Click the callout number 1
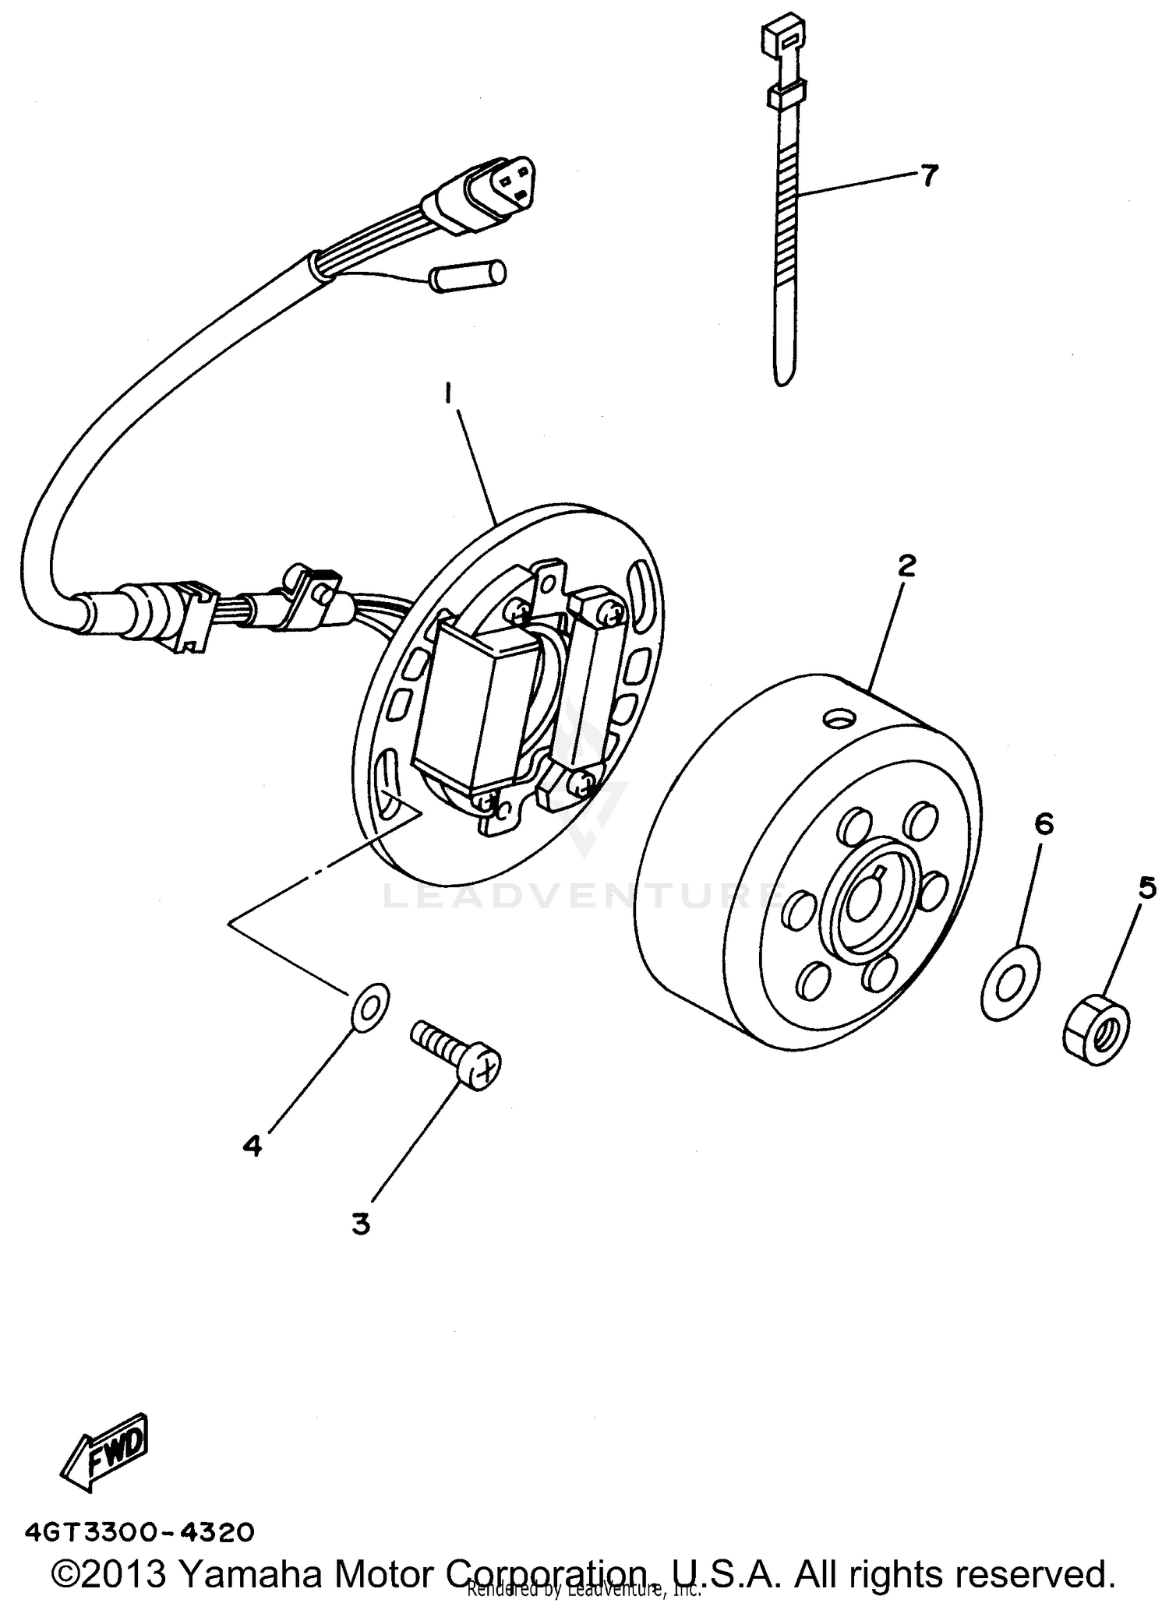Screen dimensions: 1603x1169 point(449,395)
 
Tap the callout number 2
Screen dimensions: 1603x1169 point(906,566)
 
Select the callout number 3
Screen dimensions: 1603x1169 point(360,1224)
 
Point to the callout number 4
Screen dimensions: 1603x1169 point(252,1145)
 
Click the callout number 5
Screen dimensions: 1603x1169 point(1147,887)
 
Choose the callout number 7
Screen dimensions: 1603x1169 point(929,176)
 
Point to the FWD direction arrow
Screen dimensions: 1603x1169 point(107,1453)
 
